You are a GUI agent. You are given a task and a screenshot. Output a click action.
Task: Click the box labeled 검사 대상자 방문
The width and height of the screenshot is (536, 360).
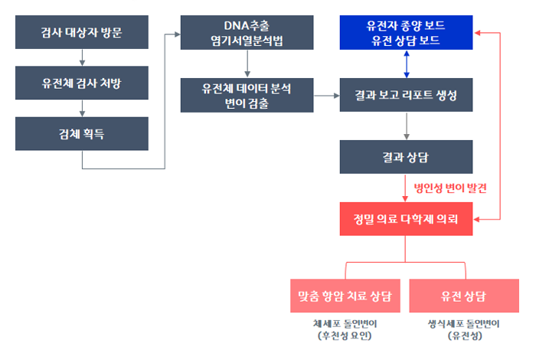point(82,32)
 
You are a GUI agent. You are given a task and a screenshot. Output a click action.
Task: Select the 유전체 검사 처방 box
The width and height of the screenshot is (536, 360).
point(82,83)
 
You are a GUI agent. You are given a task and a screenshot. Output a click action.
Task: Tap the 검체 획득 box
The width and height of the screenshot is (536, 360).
point(82,134)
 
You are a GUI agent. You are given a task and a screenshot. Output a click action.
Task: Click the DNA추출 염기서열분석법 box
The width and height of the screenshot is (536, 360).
point(247,32)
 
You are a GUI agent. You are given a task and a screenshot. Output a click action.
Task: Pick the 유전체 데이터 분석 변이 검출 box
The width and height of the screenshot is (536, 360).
point(247,95)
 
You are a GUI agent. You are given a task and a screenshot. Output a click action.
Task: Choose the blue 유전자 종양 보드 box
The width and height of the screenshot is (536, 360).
point(406,32)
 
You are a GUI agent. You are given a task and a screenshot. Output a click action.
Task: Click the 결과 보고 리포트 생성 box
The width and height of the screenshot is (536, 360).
point(406,95)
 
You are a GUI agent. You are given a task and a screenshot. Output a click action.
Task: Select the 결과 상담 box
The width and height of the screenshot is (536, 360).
point(406,157)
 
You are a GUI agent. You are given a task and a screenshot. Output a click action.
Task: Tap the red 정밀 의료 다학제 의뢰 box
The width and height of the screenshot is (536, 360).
point(406,219)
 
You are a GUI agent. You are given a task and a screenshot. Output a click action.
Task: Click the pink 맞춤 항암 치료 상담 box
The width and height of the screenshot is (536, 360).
point(345,296)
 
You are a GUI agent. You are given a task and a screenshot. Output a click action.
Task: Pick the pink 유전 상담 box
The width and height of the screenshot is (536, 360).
point(464,296)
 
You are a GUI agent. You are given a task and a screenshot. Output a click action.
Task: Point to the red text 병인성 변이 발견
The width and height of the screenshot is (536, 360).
point(450,188)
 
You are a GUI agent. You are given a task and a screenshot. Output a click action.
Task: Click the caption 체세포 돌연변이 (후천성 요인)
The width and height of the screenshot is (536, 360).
point(345,329)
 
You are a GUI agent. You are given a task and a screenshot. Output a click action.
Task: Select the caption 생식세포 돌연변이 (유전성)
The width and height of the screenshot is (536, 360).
point(464,329)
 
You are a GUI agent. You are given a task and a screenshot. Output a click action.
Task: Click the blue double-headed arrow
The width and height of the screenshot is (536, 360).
point(407,64)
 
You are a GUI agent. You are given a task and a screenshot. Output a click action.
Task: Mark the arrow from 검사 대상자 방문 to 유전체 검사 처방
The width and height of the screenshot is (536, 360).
point(82,57)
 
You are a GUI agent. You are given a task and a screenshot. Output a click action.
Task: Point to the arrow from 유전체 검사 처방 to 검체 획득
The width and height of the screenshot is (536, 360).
point(82,108)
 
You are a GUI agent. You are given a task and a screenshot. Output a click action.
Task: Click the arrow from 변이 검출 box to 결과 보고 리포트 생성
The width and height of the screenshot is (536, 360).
point(327,96)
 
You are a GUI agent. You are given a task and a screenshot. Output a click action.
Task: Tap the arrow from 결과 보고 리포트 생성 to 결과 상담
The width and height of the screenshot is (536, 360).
point(407,126)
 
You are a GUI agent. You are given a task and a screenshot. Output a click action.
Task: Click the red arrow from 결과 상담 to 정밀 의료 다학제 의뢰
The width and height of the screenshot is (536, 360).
point(405,188)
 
